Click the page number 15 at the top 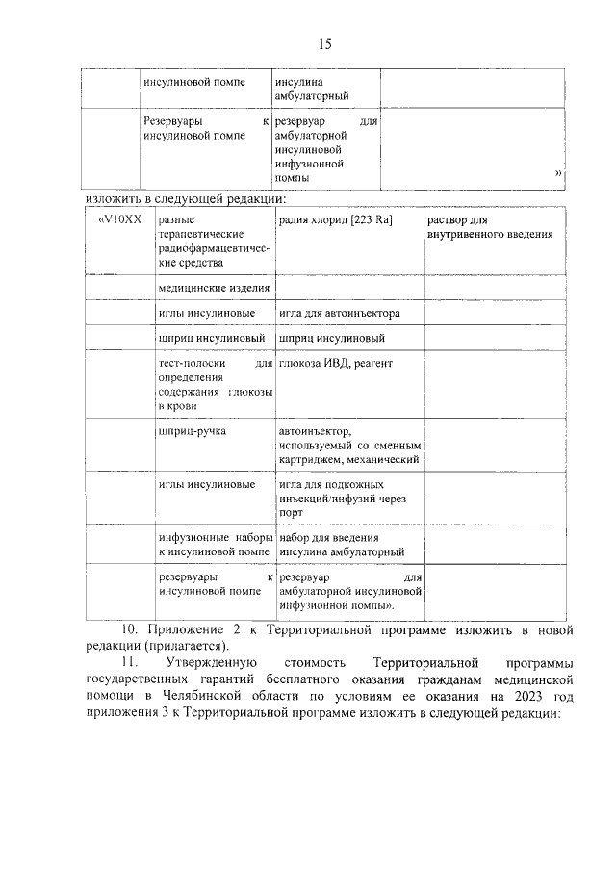coord(324,44)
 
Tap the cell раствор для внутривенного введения coord(489,227)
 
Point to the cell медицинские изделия coord(215,288)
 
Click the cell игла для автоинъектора coord(339,314)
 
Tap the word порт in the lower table coord(293,513)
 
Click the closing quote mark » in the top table coord(558,174)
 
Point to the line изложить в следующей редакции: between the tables coord(186,199)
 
